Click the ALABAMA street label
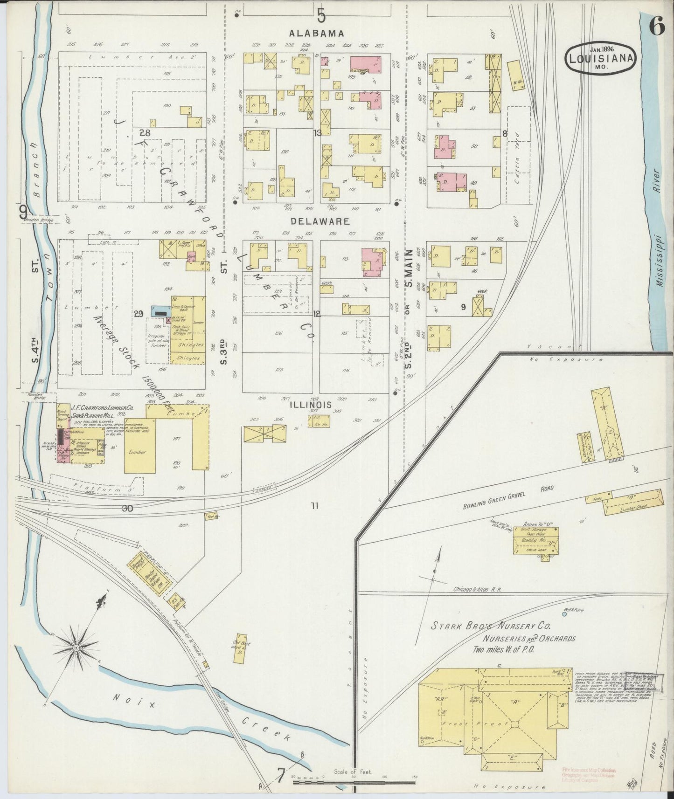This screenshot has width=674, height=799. pyautogui.click(x=317, y=34)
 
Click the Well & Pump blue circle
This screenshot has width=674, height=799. pyautogui.click(x=564, y=614)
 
